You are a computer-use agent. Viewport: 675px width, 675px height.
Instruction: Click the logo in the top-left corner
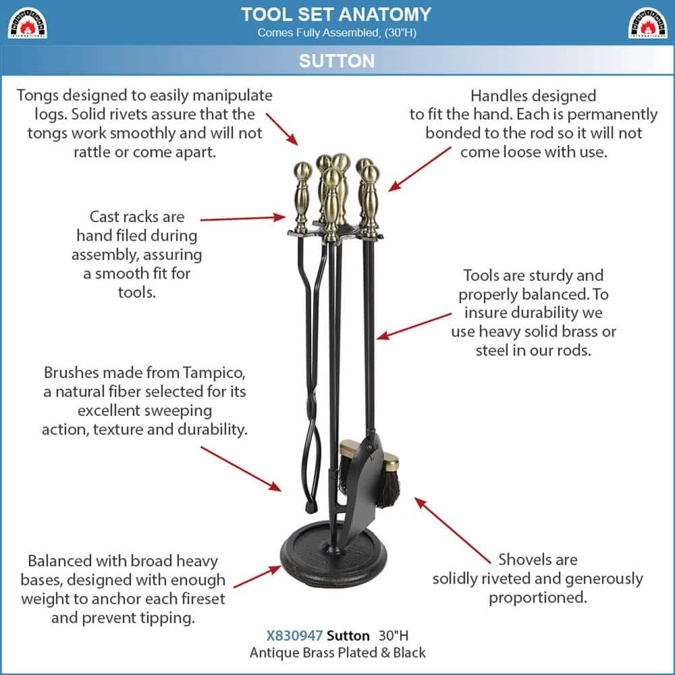click(x=27, y=23)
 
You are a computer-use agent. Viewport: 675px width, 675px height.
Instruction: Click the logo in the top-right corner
click(x=648, y=23)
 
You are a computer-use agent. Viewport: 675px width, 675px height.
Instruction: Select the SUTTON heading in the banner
click(x=337, y=61)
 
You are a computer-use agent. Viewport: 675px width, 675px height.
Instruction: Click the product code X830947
click(x=294, y=635)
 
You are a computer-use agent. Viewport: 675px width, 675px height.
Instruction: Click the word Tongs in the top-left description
click(x=37, y=96)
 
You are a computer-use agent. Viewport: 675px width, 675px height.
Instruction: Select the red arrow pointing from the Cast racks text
click(x=243, y=218)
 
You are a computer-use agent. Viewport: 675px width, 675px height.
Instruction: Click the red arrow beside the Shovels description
click(x=452, y=530)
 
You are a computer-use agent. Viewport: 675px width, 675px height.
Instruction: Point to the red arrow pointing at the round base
click(x=257, y=577)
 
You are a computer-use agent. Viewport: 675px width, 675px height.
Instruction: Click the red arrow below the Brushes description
click(x=241, y=469)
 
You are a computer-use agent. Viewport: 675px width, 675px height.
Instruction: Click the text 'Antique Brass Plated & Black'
click(x=337, y=653)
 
